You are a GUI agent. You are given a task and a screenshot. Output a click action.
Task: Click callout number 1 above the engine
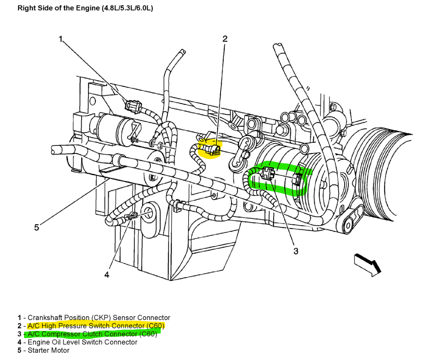tap(61, 39)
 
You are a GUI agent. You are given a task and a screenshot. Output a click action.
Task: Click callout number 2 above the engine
tap(225, 39)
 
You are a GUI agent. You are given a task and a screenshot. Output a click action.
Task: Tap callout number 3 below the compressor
tap(296, 251)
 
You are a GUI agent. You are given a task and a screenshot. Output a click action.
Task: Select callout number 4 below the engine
tap(107, 275)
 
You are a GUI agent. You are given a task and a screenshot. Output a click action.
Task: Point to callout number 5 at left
tap(37, 228)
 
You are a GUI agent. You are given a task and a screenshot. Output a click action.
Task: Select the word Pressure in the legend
tap(70, 326)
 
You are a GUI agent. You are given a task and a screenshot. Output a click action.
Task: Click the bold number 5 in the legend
tap(20, 350)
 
